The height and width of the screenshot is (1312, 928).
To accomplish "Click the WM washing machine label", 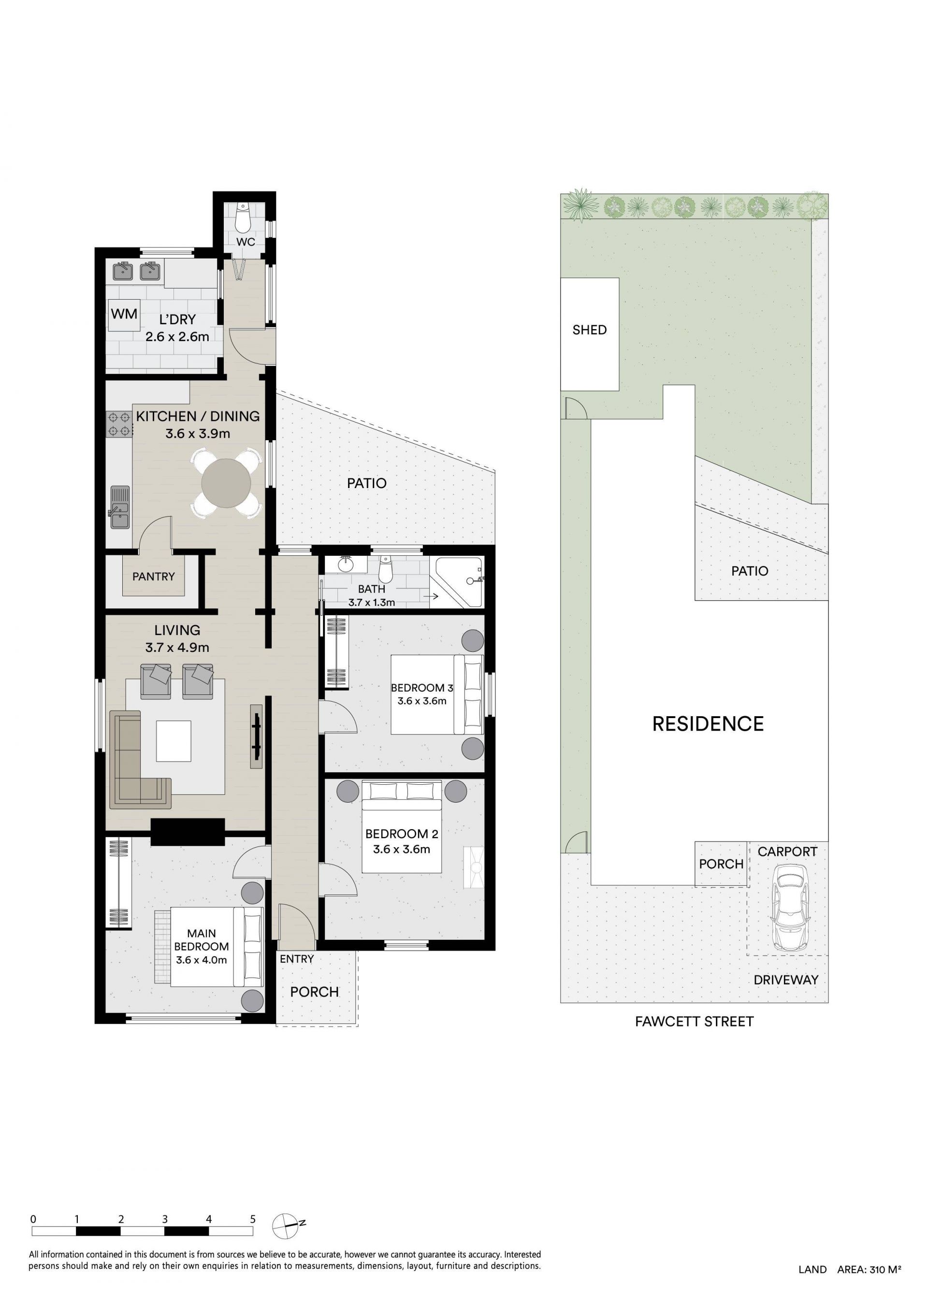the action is tap(124, 314).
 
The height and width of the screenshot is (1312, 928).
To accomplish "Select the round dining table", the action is tap(226, 483).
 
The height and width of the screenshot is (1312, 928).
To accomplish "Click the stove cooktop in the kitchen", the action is tap(119, 424).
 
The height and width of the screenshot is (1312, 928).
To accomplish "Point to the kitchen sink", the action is tap(119, 508).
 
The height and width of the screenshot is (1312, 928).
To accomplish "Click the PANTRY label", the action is tap(153, 577).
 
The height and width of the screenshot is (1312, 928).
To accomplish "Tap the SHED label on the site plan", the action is tap(589, 330).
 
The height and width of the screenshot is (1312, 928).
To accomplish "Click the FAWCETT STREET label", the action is tap(694, 1021).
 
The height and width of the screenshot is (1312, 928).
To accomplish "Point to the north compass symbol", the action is tap(286, 1225).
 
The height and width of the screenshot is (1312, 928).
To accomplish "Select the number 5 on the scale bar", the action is tap(253, 1219).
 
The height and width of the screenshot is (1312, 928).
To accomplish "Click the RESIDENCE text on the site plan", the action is tap(708, 724).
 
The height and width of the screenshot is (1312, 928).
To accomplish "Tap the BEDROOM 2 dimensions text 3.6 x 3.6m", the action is tap(401, 849).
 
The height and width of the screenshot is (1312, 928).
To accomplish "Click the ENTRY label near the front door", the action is tap(297, 959).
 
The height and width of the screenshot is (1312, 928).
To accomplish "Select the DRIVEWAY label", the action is tap(786, 980).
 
